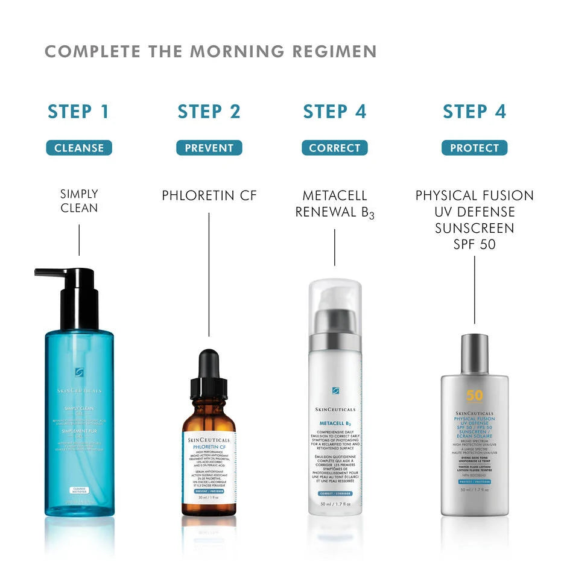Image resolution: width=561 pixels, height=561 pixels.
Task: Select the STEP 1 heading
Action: click(x=78, y=112)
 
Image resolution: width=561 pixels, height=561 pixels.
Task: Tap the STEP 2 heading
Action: click(x=209, y=112)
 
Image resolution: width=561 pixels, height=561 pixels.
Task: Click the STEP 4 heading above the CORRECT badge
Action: click(x=335, y=112)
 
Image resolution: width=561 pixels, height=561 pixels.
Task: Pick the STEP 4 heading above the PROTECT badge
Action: click(x=474, y=112)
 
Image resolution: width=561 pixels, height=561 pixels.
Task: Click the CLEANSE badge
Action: click(x=79, y=148)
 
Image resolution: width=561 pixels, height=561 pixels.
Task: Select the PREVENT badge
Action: click(x=209, y=148)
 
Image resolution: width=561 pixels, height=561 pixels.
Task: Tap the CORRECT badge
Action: click(x=335, y=148)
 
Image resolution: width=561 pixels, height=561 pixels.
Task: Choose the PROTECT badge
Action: click(x=474, y=148)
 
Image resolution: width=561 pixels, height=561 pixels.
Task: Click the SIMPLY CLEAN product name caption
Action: click(x=79, y=201)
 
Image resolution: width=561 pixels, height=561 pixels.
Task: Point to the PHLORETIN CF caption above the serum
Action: click(x=209, y=196)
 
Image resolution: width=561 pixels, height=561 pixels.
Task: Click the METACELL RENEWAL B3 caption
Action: click(x=335, y=204)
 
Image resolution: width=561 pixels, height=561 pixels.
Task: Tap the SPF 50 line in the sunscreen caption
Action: click(x=474, y=245)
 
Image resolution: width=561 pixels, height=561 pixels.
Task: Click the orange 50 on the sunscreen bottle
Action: click(x=474, y=396)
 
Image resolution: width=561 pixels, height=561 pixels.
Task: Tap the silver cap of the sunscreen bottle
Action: click(x=474, y=353)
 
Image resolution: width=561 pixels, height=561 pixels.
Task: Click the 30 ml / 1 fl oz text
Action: click(x=209, y=498)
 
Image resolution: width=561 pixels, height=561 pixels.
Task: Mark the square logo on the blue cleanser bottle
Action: click(x=79, y=373)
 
